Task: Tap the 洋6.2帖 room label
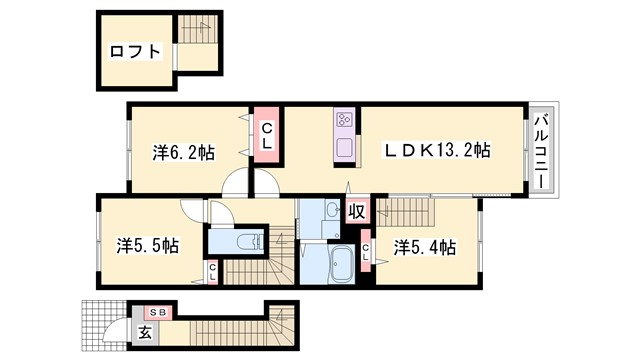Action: coord(184,153)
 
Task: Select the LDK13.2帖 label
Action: coord(439,151)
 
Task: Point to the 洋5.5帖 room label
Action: coord(147,244)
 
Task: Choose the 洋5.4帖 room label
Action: coord(426,245)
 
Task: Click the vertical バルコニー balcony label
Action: coord(539,153)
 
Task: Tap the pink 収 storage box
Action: coord(356,211)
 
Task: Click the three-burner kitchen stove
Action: coord(345,119)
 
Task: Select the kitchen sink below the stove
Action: coord(345,147)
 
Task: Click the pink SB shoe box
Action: coord(160,312)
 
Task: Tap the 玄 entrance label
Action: coord(145,333)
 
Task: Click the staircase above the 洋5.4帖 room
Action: coord(414,211)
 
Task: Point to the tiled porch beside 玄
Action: coord(105,324)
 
